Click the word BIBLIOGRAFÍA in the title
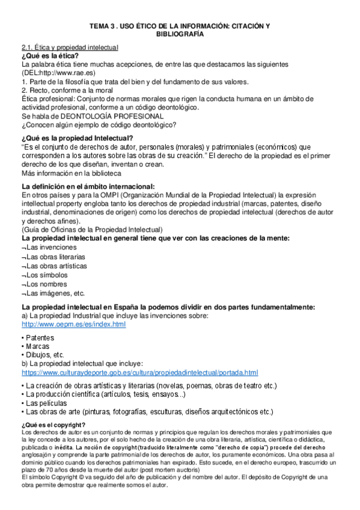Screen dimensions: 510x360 point(180,34)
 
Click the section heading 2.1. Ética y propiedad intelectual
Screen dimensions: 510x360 point(70,48)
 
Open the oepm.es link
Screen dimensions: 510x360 point(73,324)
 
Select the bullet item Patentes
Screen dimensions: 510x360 point(40,337)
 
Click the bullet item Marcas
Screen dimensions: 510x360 point(38,346)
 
